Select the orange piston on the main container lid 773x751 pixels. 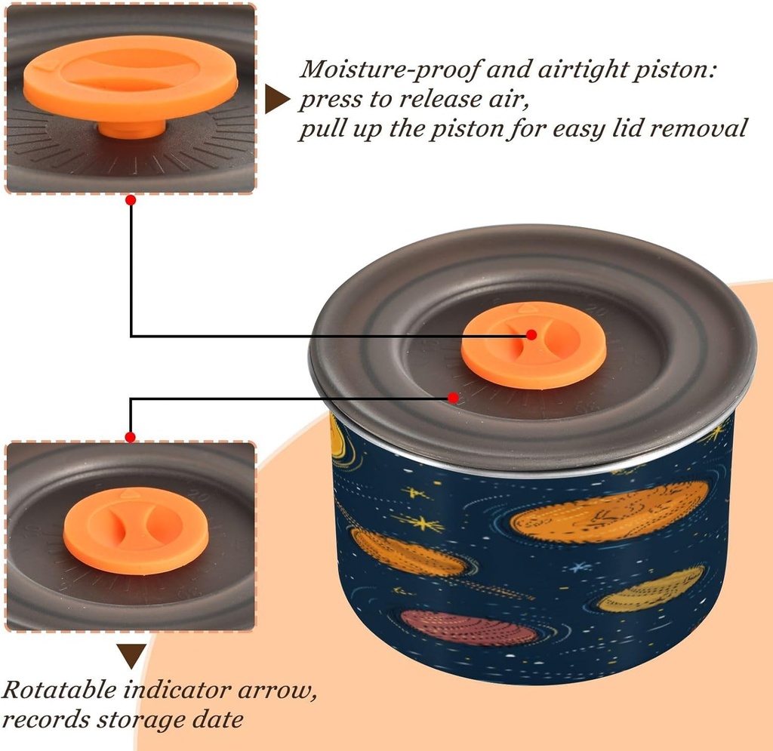[533, 345]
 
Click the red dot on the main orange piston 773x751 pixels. [531, 334]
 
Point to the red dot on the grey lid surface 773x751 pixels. [453, 397]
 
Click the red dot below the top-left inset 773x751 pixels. [131, 200]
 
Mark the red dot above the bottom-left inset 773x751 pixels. [130, 437]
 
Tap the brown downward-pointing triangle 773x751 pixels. [131, 654]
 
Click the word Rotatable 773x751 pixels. [60, 690]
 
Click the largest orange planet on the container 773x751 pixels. [610, 516]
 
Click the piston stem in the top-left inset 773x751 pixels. [131, 128]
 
